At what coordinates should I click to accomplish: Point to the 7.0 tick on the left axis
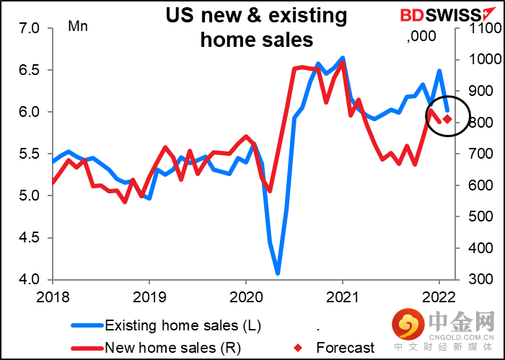tap(33, 28)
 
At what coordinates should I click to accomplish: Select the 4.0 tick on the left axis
tap(33, 279)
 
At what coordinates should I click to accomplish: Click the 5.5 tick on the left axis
tap(33, 154)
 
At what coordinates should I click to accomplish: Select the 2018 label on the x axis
tap(53, 296)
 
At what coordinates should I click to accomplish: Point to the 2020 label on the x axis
tap(245, 296)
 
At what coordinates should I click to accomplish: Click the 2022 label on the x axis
tap(438, 296)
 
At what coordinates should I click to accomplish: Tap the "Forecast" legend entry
tap(346, 347)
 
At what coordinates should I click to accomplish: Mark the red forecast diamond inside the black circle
tap(447, 119)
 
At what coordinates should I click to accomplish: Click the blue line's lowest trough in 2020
tap(278, 273)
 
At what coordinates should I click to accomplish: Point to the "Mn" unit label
tap(77, 27)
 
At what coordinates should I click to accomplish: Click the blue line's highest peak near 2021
tap(342, 58)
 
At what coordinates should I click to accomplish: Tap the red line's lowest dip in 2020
tap(269, 191)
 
